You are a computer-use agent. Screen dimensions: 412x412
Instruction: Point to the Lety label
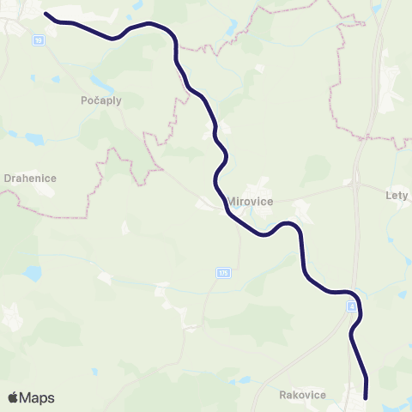(397, 195)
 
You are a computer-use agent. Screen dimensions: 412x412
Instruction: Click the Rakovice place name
(302, 395)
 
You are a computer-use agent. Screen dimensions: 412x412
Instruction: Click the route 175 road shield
(223, 273)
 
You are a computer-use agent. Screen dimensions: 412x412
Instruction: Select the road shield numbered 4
(351, 306)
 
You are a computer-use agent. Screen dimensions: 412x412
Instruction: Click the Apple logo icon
(14, 397)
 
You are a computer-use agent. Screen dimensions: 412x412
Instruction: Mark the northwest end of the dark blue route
(45, 14)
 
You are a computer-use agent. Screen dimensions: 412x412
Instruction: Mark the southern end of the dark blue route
(366, 397)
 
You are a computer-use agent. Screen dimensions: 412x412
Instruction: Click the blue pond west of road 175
(32, 273)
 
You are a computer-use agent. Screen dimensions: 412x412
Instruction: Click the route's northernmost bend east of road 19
(150, 23)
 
